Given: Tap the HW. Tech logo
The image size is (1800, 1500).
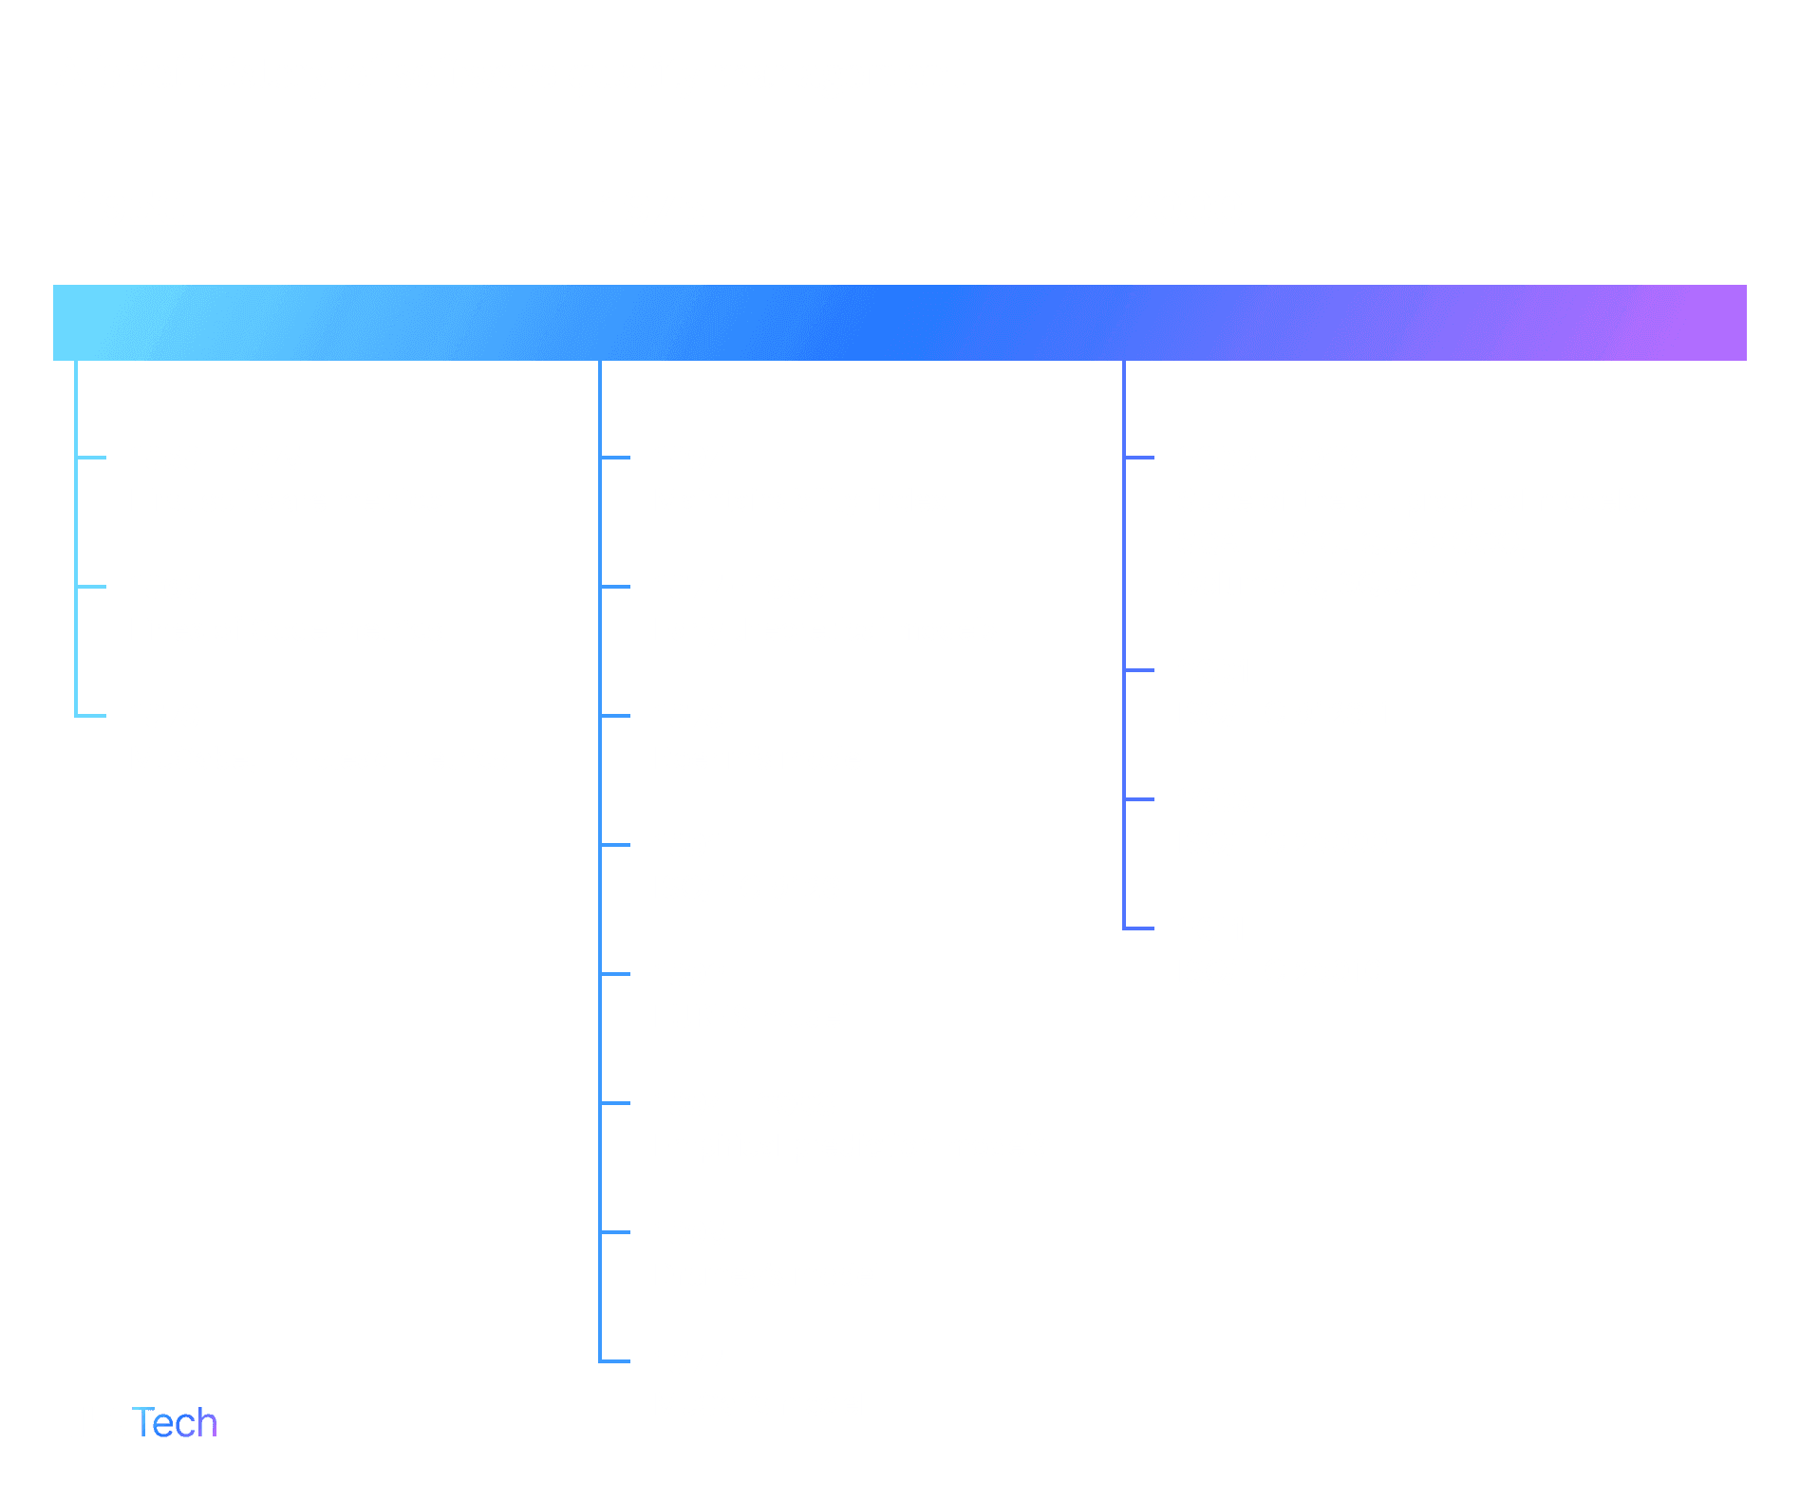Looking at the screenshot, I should tap(136, 1423).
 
